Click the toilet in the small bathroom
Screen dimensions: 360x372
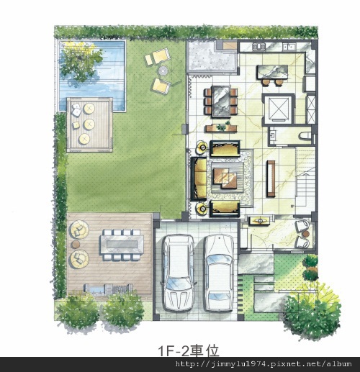305,136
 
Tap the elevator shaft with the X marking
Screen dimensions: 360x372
279,109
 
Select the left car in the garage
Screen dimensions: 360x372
178,272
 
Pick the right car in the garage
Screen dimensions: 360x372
219,273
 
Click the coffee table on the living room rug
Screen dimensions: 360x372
225,178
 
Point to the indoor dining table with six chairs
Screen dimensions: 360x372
221,101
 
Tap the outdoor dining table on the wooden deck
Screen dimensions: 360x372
122,245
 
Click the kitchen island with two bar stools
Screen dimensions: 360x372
272,74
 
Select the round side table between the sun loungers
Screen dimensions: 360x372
163,71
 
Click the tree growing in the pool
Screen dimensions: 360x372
81,63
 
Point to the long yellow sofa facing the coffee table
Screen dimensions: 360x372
199,178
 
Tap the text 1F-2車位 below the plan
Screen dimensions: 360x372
189,351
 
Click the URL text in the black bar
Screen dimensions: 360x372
264,364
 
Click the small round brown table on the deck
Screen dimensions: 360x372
76,245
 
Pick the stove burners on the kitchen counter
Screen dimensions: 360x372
258,47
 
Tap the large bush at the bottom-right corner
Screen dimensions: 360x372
312,312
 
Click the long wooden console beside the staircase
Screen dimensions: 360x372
271,178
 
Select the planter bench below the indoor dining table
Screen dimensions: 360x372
221,128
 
